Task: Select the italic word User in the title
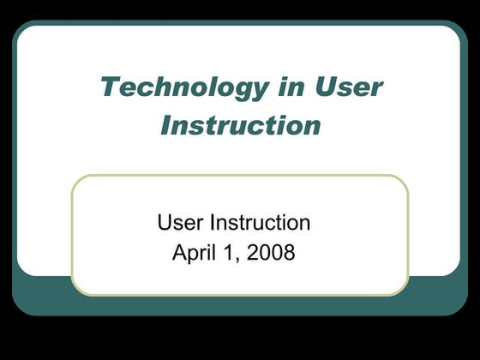(x=349, y=87)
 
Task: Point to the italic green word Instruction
(x=241, y=125)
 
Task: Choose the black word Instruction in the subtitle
(x=261, y=223)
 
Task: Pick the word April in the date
(x=193, y=253)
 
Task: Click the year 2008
(x=272, y=253)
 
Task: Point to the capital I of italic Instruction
(x=168, y=125)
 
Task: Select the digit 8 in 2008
(x=289, y=253)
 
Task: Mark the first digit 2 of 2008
(x=255, y=253)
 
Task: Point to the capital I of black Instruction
(x=214, y=223)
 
